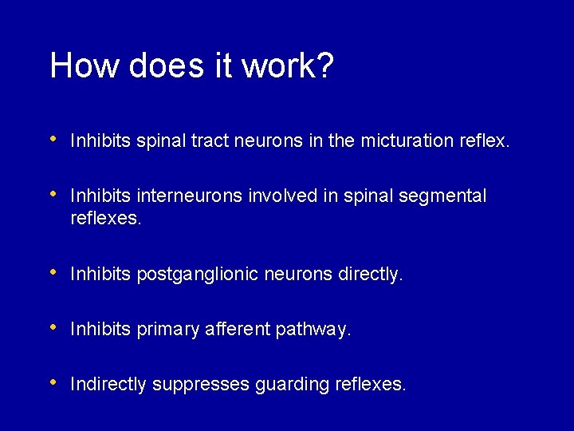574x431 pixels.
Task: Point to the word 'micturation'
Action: tap(407, 141)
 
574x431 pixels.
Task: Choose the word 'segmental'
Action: tap(445, 196)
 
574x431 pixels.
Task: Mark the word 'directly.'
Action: tap(371, 275)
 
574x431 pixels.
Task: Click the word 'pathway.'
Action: tap(313, 330)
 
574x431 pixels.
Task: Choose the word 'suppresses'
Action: tap(201, 385)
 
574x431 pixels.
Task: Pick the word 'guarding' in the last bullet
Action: tap(292, 385)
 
